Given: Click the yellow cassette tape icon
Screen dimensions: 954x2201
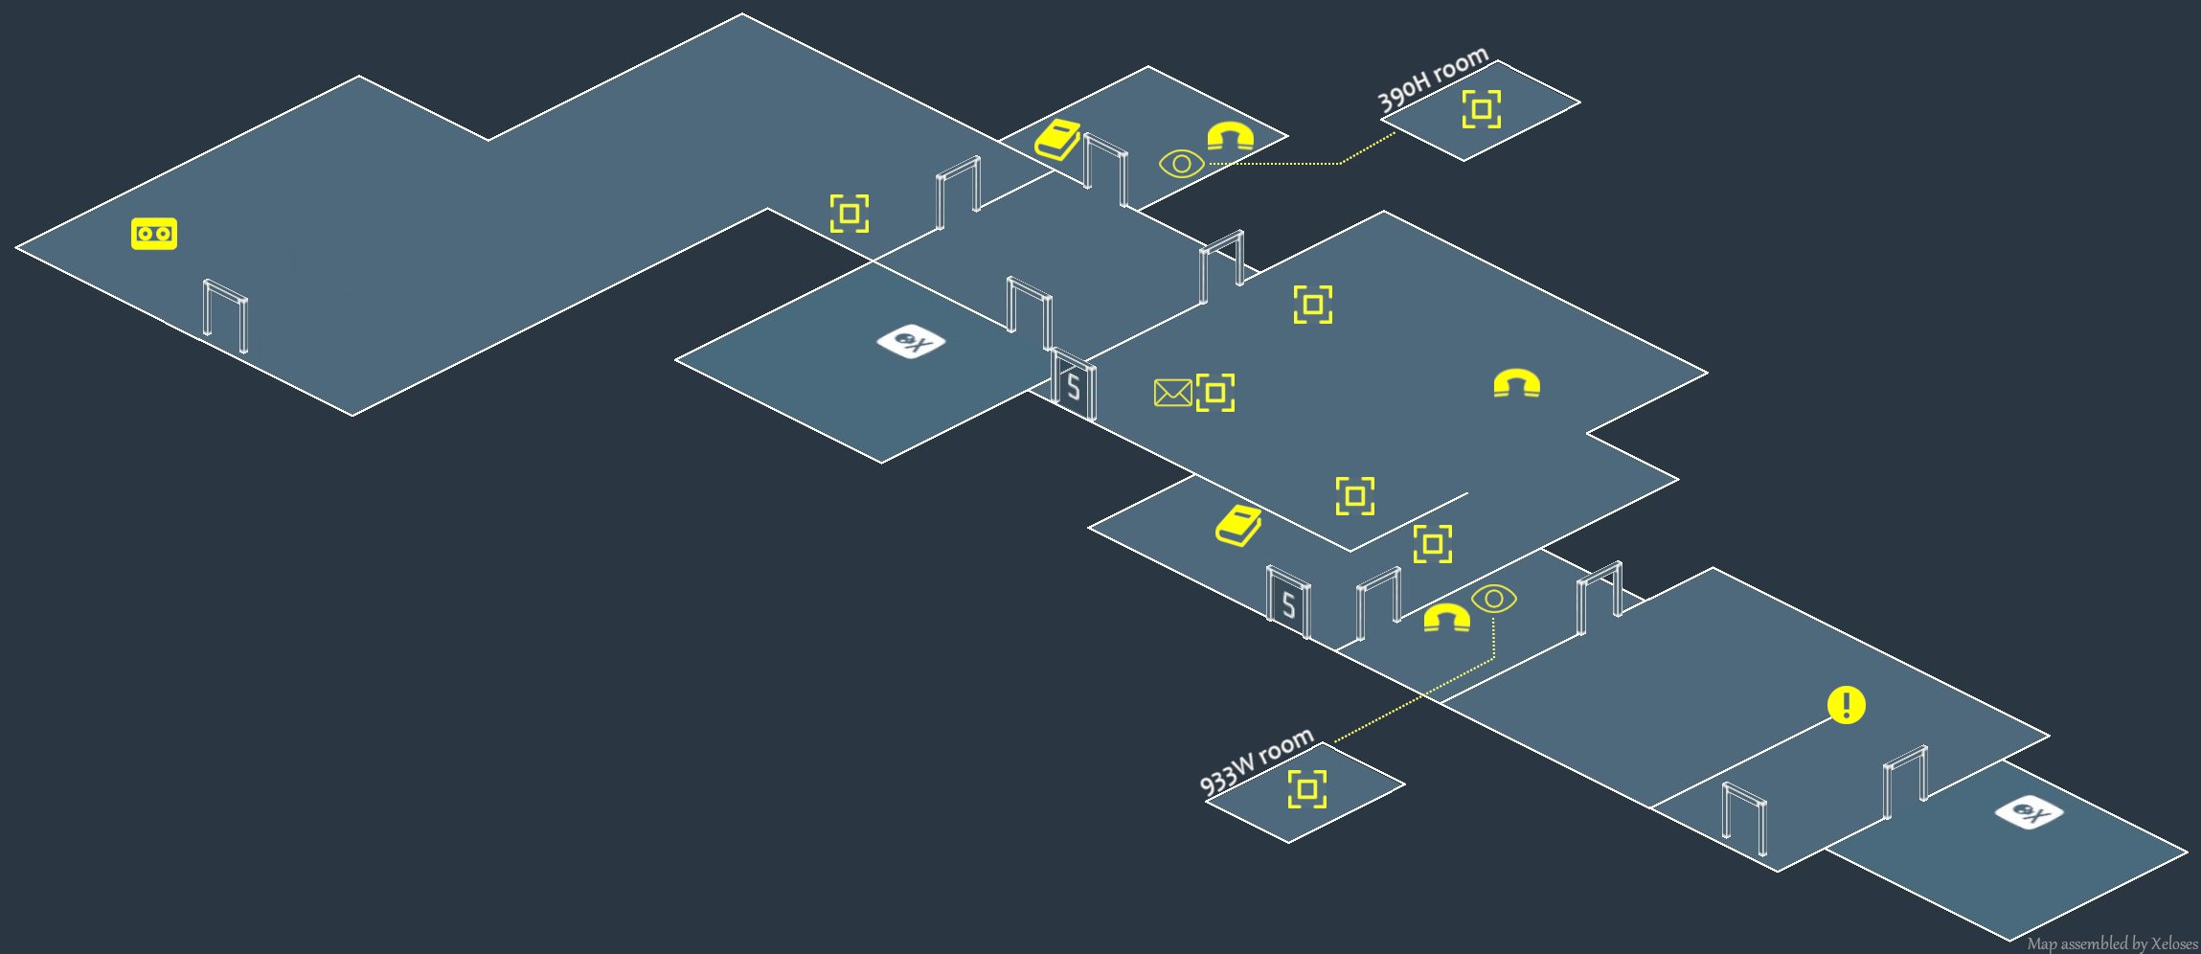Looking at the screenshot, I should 154,234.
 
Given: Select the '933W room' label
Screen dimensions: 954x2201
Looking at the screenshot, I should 1256,761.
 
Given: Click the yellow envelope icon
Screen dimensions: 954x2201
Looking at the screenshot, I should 1172,393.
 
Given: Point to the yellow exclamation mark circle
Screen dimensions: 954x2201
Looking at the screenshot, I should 1846,705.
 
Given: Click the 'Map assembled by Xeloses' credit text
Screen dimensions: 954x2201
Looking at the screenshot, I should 2112,943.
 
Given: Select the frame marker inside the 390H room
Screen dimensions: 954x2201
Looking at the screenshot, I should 1481,109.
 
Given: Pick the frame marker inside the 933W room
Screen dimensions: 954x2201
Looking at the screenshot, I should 1306,789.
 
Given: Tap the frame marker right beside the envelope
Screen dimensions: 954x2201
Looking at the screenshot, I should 1215,393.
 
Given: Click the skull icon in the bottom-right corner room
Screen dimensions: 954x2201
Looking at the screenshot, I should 2029,813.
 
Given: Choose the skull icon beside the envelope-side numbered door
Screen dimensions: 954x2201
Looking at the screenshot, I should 911,341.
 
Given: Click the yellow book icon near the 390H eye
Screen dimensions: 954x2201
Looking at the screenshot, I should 1057,141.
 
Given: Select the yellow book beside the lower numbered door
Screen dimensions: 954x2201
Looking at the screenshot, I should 1238,525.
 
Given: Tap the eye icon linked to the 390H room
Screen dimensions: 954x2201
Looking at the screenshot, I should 1181,164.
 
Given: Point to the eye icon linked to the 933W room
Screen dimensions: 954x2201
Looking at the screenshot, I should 1494,600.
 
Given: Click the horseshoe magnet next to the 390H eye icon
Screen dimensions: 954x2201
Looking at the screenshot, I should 1230,136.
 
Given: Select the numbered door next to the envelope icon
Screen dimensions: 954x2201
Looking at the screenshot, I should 1074,385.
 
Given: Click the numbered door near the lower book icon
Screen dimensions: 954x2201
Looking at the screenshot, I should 1288,602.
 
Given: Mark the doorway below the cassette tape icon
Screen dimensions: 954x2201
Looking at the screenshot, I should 225,317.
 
